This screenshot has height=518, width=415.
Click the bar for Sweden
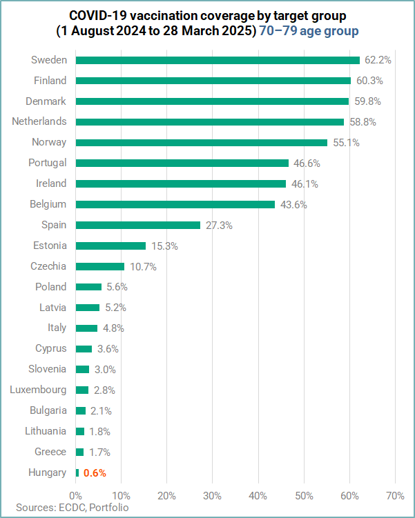point(218,60)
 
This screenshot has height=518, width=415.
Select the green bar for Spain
point(137,225)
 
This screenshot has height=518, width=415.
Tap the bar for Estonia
point(110,246)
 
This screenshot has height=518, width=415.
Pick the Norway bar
point(201,142)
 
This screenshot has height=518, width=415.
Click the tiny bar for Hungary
point(77,472)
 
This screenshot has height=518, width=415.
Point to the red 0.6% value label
point(95,473)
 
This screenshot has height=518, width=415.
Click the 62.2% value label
point(378,60)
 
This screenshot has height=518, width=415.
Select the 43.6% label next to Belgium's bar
point(293,204)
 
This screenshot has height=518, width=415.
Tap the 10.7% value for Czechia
point(142,266)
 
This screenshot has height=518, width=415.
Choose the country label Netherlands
point(39,121)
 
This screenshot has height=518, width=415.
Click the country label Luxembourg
point(39,390)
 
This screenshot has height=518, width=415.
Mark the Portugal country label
point(47,163)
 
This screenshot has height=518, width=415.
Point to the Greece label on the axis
point(51,452)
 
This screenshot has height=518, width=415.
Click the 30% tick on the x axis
point(213,495)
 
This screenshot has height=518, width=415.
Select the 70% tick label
point(395,495)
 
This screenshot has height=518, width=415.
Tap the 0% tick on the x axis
point(75,495)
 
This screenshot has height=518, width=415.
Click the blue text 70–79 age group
point(309,31)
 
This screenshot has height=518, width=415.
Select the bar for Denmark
point(212,101)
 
